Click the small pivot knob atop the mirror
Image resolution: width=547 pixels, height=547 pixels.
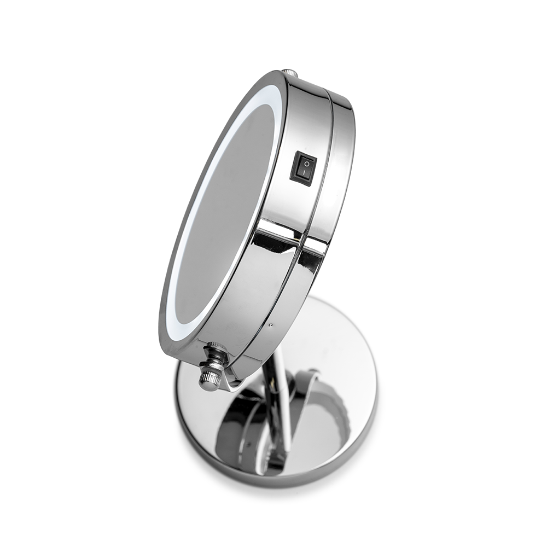click(289, 73)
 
